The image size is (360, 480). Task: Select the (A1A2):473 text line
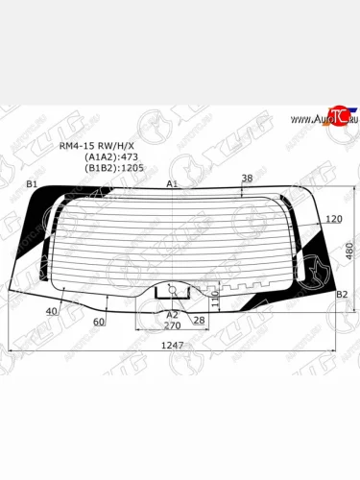pyautogui.click(x=112, y=157)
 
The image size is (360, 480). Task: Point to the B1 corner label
pyautogui.click(x=31, y=183)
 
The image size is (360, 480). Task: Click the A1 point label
pyautogui.click(x=173, y=183)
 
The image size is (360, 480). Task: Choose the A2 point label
pyautogui.click(x=173, y=314)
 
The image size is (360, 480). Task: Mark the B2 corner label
pyautogui.click(x=341, y=295)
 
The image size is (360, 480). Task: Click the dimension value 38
pyautogui.click(x=247, y=179)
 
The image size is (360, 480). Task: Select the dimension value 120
pyautogui.click(x=334, y=220)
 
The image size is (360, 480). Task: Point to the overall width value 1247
pyautogui.click(x=172, y=344)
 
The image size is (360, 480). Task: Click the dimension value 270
pyautogui.click(x=173, y=324)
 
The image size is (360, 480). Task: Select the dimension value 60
pyautogui.click(x=99, y=323)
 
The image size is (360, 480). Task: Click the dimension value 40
pyautogui.click(x=51, y=312)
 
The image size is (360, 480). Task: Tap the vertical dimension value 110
pyautogui.click(x=216, y=300)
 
